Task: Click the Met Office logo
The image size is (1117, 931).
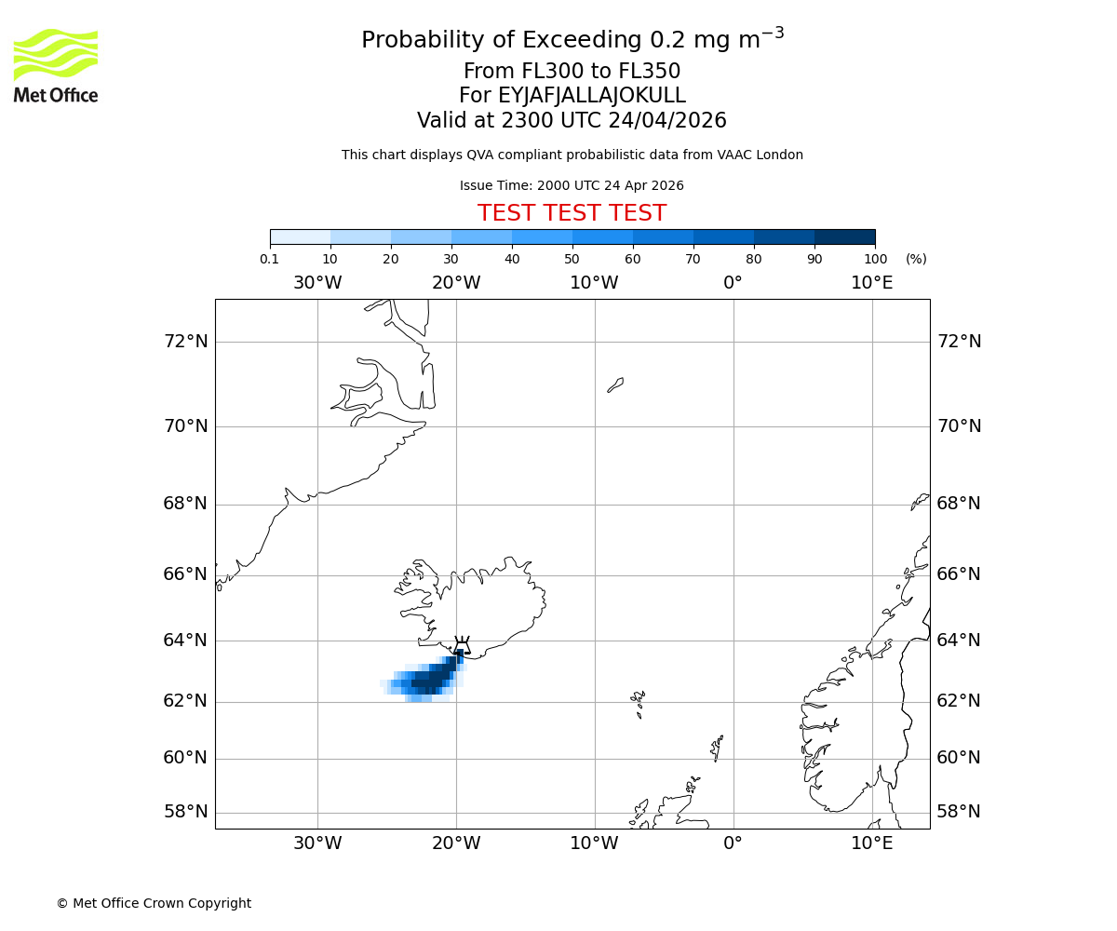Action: pyautogui.click(x=56, y=65)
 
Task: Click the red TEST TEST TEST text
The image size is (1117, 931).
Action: pyautogui.click(x=572, y=214)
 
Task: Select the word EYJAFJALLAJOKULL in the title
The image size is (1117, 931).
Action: pyautogui.click(x=593, y=96)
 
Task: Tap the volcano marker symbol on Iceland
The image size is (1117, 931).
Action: pyautogui.click(x=461, y=646)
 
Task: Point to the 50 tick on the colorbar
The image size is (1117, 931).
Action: pyautogui.click(x=572, y=245)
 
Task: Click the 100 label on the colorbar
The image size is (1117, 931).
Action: pyautogui.click(x=875, y=260)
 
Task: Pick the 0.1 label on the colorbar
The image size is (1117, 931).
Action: pyautogui.click(x=270, y=260)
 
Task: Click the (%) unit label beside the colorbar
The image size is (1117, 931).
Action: pyautogui.click(x=916, y=260)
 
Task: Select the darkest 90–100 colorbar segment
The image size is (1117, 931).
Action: pyautogui.click(x=844, y=236)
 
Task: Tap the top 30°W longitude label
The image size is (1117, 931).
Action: pyautogui.click(x=317, y=283)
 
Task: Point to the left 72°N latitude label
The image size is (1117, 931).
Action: pyautogui.click(x=186, y=342)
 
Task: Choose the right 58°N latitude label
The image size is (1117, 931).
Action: pyautogui.click(x=959, y=812)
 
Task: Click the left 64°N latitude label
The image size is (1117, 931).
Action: pyautogui.click(x=186, y=641)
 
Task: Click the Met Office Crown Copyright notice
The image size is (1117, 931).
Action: pyautogui.click(x=154, y=904)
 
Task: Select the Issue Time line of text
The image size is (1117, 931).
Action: pyautogui.click(x=572, y=186)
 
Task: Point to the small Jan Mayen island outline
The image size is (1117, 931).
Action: pyautogui.click(x=615, y=385)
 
